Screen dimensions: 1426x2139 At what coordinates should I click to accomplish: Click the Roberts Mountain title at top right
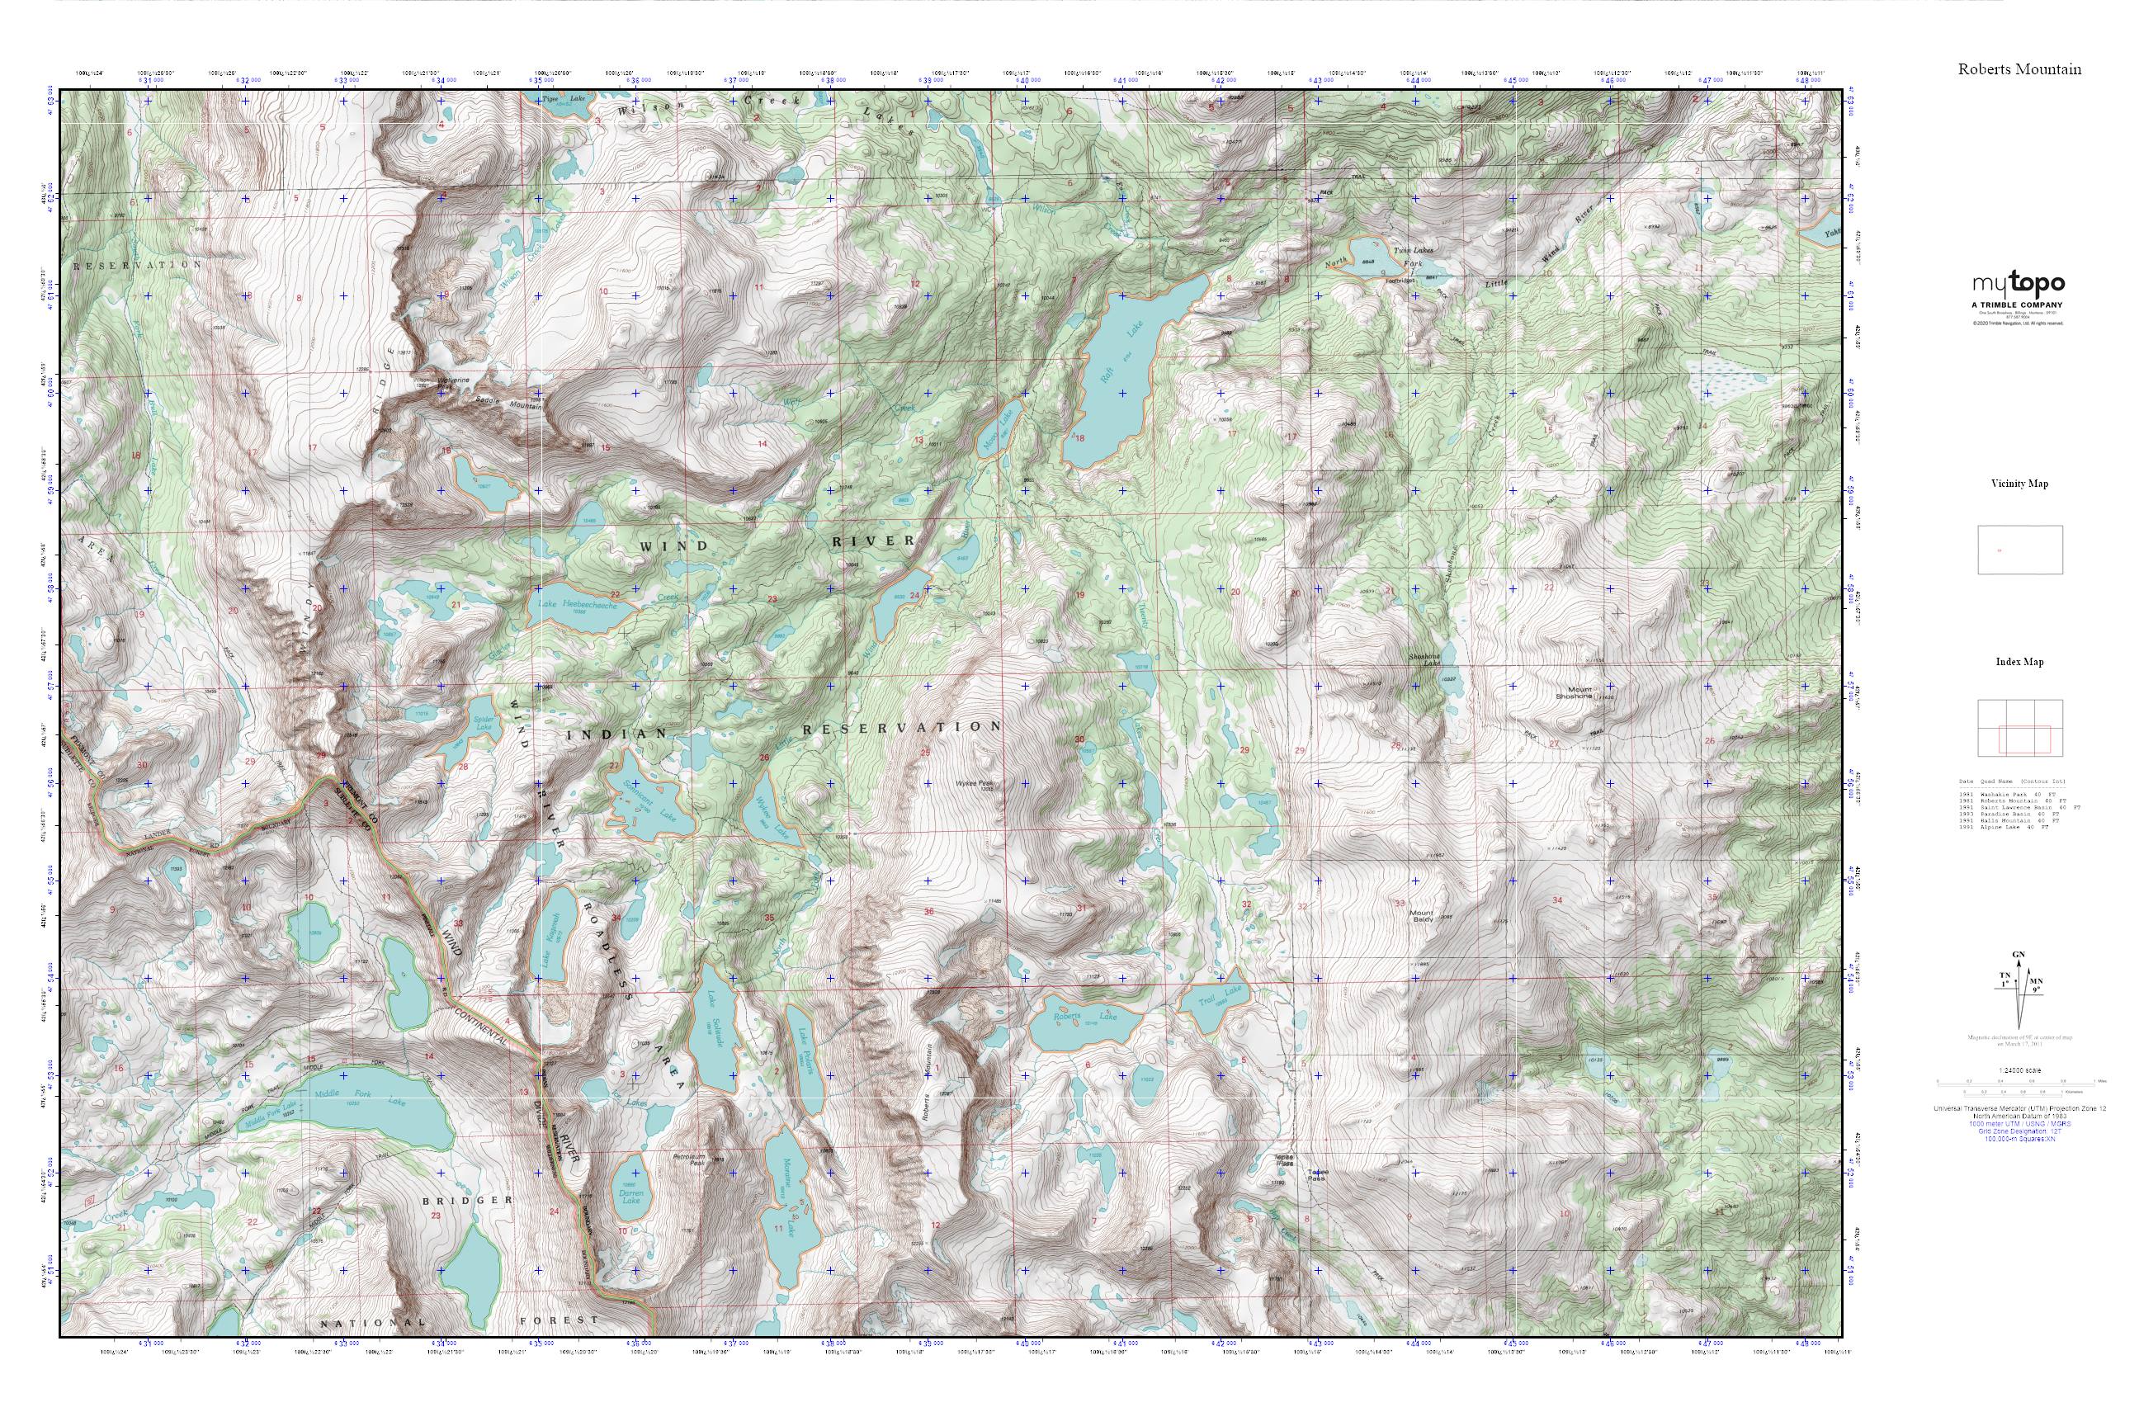pos(2019,69)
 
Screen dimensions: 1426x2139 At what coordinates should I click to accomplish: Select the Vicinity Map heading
pos(2019,484)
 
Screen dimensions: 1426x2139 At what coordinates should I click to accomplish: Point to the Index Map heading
pos(2019,662)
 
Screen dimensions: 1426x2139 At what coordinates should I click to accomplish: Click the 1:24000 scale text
pos(2019,1070)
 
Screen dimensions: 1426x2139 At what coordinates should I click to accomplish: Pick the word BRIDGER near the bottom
pos(469,1201)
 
